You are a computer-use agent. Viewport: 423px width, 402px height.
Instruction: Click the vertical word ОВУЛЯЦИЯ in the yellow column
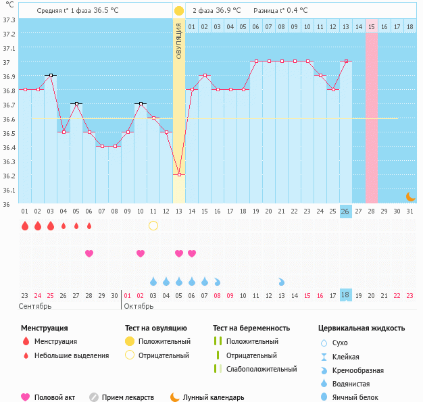[178, 41]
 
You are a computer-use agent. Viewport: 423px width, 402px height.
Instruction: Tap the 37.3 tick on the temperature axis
[9, 20]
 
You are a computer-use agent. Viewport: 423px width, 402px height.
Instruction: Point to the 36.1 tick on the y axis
[9, 191]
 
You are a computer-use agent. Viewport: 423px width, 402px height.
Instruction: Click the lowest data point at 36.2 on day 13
[178, 175]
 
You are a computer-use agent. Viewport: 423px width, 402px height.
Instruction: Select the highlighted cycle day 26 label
[345, 211]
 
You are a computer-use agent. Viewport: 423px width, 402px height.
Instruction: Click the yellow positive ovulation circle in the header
[178, 11]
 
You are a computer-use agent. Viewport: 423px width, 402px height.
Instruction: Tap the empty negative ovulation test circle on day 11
[153, 226]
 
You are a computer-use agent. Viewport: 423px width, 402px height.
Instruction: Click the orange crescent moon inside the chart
[410, 196]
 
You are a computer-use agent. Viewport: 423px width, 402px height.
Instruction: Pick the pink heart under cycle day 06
[89, 253]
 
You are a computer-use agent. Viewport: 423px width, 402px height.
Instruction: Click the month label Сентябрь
[34, 306]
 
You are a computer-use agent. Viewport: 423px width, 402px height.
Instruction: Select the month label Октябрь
[139, 306]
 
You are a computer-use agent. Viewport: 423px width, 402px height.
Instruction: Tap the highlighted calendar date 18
[345, 295]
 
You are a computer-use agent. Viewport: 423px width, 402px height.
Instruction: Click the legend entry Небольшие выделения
[71, 355]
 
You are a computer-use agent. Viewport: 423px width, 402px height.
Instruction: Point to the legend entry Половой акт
[53, 397]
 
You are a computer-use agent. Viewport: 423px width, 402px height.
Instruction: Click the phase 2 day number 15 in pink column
[371, 26]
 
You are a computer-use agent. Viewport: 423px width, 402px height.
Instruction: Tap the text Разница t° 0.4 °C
[280, 11]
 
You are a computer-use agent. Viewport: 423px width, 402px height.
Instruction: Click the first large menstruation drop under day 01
[24, 226]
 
